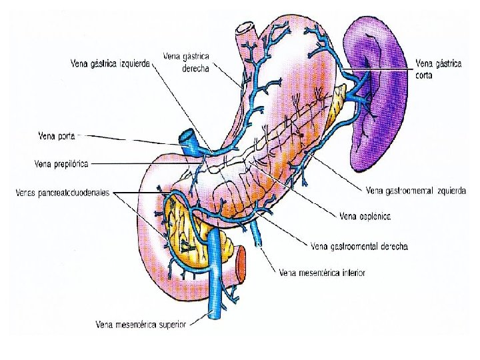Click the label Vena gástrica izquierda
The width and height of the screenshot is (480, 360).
[x=111, y=64]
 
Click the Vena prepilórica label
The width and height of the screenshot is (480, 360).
[x=61, y=162]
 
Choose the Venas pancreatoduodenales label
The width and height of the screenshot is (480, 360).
[x=63, y=194]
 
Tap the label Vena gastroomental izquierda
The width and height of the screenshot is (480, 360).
[x=415, y=191]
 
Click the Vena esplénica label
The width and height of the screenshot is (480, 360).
[x=365, y=215]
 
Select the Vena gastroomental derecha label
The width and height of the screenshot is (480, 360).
[x=360, y=245]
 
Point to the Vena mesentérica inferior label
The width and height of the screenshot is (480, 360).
[x=323, y=272]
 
